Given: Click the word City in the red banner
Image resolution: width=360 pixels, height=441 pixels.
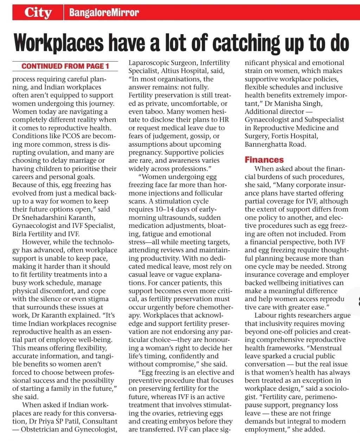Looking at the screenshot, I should pos(38,13).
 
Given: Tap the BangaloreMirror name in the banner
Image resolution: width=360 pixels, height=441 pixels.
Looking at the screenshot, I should pos(104,13).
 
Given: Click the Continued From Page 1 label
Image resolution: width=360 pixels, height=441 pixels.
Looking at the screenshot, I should pos(65,66).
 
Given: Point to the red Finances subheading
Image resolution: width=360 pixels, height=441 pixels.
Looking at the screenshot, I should pos(264,160).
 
